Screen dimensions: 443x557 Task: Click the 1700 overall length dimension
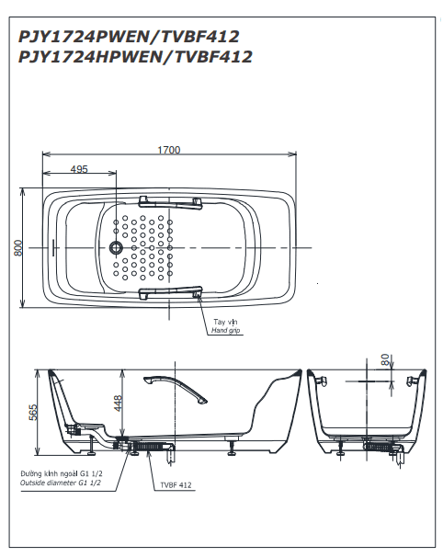[x=169, y=150]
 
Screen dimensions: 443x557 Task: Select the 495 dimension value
[x=79, y=169]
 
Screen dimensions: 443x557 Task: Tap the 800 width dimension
[x=18, y=247]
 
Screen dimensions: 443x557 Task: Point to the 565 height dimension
[x=33, y=413]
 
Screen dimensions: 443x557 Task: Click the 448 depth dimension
[x=118, y=403]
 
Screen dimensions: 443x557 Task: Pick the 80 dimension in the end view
[x=385, y=359]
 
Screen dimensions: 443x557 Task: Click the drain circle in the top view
[x=116, y=247]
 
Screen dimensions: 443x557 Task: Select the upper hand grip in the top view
[x=171, y=202]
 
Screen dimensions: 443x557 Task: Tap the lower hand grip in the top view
[x=171, y=292]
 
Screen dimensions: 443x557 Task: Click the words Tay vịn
[x=225, y=322]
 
